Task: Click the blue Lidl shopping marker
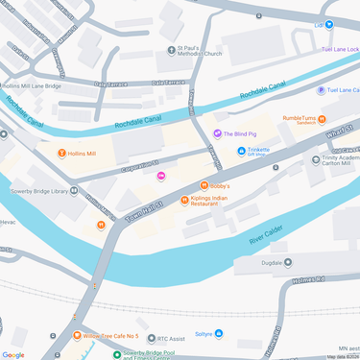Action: [x=329, y=24]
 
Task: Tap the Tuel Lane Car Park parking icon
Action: [x=321, y=90]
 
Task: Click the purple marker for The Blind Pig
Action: [x=217, y=133]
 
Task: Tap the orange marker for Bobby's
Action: [x=203, y=185]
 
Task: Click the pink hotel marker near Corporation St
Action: [x=160, y=174]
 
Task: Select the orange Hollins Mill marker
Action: [x=61, y=153]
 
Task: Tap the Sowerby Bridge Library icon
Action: [x=73, y=191]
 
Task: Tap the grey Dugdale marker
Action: [x=287, y=260]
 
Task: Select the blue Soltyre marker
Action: [x=219, y=333]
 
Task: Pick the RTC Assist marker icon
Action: [x=124, y=338]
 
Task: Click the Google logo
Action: [x=13, y=354]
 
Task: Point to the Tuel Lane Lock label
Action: [x=340, y=48]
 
